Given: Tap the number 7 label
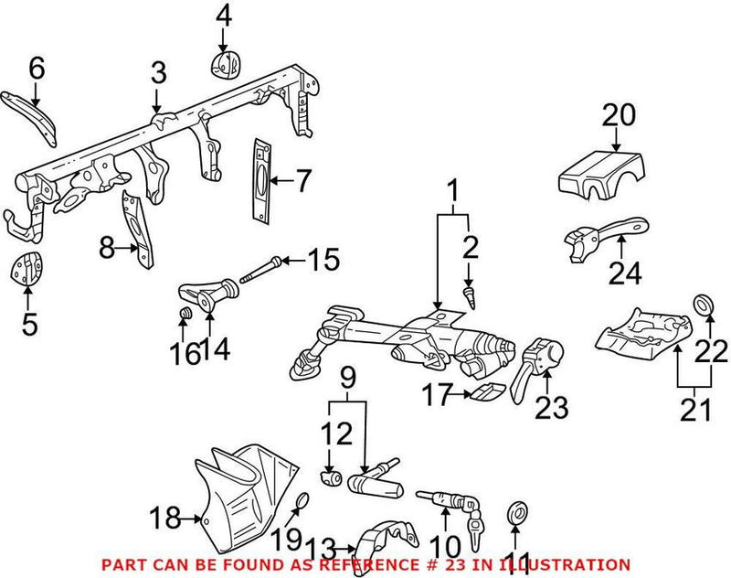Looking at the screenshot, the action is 303,180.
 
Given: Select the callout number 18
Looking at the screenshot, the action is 165,518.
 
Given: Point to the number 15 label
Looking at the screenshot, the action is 325,260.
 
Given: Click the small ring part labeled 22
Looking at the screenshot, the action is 704,305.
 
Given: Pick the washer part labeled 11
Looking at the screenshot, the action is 517,514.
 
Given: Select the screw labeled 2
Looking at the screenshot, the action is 470,297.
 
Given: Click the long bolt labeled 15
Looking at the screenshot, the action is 260,271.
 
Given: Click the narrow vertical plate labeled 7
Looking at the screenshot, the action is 261,179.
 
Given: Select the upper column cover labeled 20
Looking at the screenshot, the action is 602,177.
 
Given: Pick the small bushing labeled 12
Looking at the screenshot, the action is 331,477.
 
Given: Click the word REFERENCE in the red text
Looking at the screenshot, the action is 375,565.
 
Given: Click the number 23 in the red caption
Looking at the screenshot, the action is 455,565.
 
